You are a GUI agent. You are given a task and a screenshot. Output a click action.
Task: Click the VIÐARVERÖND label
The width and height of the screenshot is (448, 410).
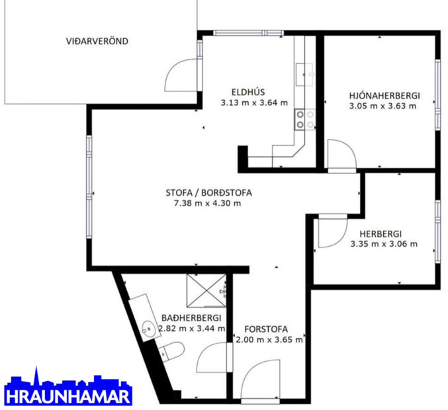pos(97,41)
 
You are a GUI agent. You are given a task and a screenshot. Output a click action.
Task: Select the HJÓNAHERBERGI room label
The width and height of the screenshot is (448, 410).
pos(384,95)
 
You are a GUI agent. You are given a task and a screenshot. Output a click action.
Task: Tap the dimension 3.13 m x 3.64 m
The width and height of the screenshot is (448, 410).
pos(254,102)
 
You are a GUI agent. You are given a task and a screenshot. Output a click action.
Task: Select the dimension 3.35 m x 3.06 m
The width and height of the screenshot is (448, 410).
pos(384,243)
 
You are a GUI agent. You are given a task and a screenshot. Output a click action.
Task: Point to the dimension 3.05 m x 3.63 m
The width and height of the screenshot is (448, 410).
pos(384,105)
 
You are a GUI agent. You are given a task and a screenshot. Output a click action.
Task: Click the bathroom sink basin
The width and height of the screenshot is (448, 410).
pos(148,325)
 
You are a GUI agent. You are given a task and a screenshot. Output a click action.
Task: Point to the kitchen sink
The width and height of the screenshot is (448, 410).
pos(307,72)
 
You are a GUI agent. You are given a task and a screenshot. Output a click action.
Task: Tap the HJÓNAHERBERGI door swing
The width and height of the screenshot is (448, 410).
pos(339,156)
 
